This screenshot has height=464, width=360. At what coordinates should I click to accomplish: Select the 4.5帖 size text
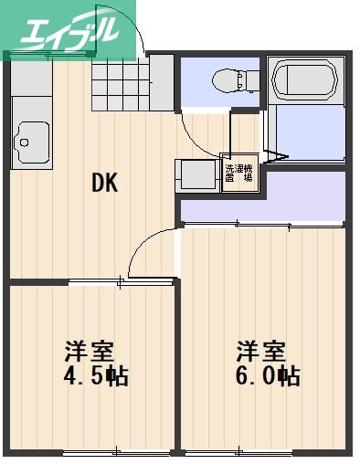pos(95,375)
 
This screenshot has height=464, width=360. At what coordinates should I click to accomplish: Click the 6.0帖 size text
pos(268,375)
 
